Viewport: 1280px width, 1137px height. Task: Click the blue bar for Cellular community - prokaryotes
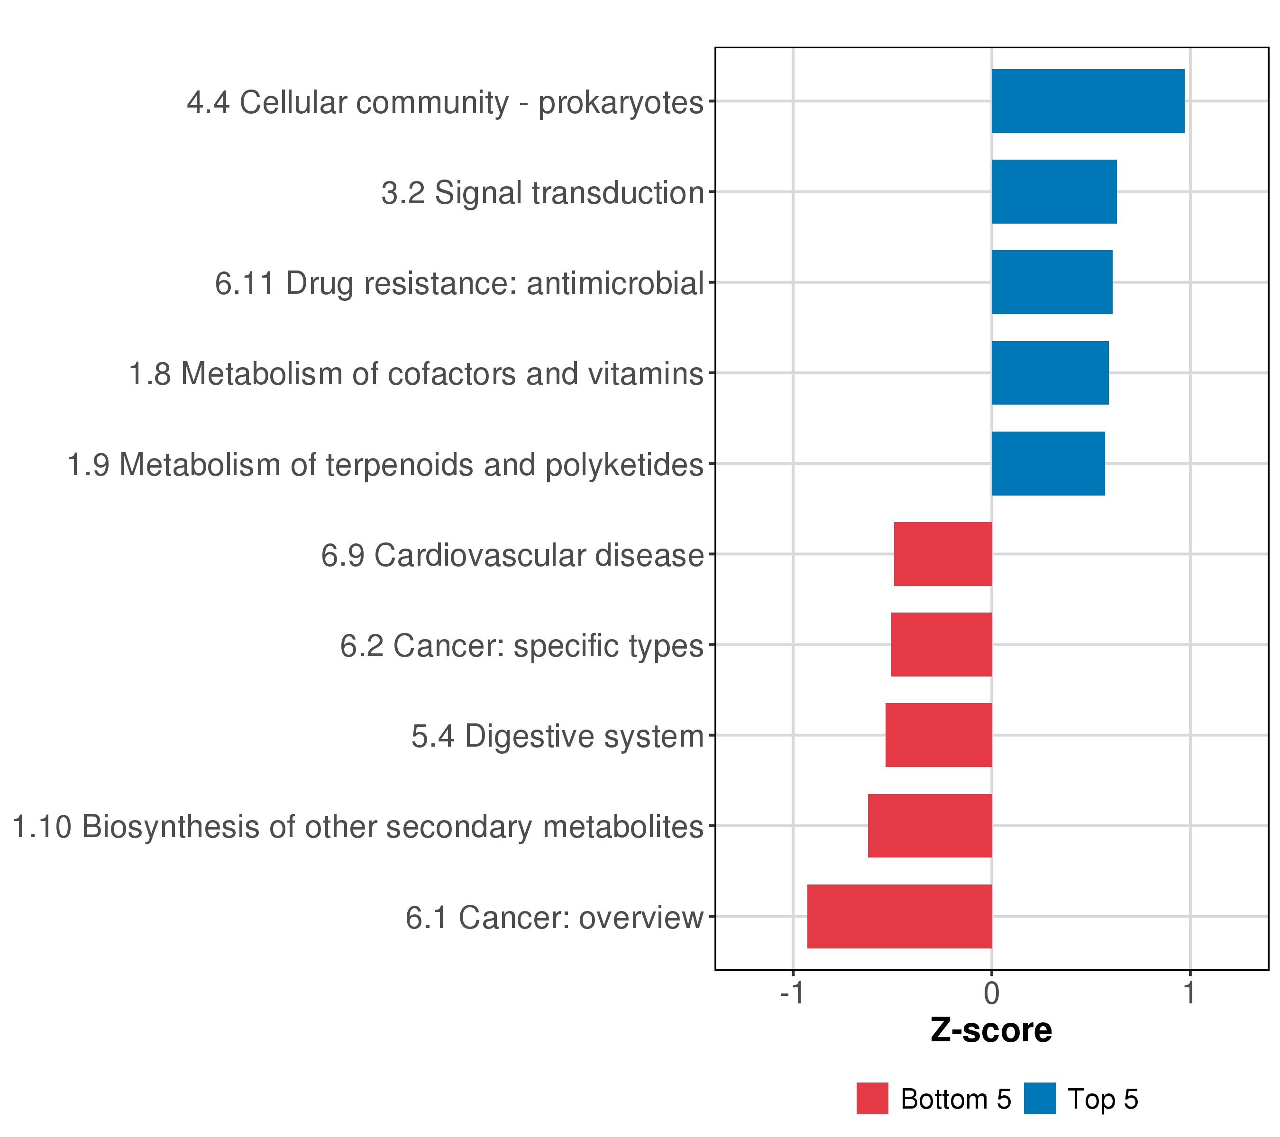point(1088,101)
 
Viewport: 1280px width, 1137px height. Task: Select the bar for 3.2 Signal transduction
point(1054,191)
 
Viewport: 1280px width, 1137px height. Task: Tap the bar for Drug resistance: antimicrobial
point(1052,282)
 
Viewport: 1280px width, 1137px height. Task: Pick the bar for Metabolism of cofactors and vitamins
point(1050,373)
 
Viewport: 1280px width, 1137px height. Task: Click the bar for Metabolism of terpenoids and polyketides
point(1048,464)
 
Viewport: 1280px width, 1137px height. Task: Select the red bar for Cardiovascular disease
point(943,554)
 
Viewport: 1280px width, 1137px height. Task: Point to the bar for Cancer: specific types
point(942,644)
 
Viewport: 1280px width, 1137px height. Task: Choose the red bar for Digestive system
point(939,735)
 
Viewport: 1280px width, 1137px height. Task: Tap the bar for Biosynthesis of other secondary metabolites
point(930,826)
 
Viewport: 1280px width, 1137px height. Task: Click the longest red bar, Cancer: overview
point(900,917)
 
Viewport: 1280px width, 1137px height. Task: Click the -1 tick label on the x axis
point(792,993)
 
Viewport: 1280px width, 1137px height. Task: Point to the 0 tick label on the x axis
point(992,993)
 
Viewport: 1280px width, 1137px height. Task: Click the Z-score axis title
point(991,1030)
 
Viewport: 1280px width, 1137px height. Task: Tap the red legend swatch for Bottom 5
point(872,1099)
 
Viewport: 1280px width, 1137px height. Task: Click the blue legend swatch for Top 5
point(1040,1099)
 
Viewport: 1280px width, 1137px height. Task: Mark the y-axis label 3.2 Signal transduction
point(543,193)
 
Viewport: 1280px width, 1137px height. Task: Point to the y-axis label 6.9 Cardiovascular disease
point(513,555)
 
